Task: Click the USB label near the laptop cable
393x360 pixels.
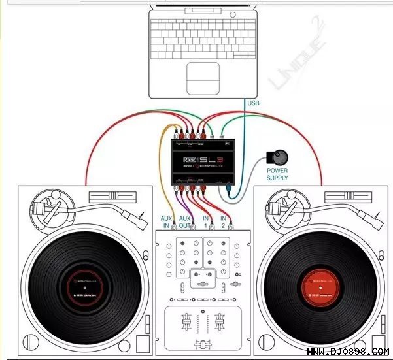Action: (x=254, y=103)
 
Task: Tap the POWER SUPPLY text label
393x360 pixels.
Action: (x=277, y=176)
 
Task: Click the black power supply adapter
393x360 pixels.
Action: (x=278, y=157)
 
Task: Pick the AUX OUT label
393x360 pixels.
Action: (x=186, y=221)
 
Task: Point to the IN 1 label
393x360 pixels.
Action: (x=206, y=221)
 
